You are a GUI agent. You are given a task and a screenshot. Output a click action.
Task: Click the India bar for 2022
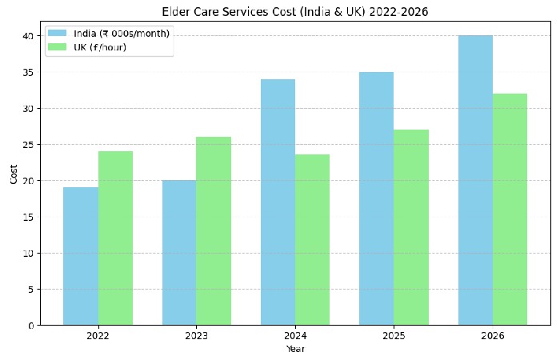click(81, 256)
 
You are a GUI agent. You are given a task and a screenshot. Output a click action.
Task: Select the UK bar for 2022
click(115, 238)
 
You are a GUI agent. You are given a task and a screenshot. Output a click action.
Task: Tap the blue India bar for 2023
click(179, 253)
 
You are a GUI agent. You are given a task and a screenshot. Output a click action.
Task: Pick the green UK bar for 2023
click(214, 231)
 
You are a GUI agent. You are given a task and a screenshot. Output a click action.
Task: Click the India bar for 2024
click(278, 202)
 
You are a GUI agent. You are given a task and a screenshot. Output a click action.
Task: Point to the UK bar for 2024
click(312, 240)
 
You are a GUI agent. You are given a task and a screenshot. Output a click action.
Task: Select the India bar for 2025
click(376, 198)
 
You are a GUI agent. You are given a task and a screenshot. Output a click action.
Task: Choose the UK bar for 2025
click(411, 227)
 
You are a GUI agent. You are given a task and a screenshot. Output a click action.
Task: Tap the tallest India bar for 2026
click(475, 181)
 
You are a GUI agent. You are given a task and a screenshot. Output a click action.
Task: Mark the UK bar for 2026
click(510, 210)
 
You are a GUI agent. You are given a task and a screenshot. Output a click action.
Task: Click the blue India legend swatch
click(58, 33)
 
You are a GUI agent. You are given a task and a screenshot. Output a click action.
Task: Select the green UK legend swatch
click(58, 47)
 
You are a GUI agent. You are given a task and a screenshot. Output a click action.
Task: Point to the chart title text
click(295, 11)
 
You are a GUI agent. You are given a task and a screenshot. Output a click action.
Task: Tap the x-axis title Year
click(295, 349)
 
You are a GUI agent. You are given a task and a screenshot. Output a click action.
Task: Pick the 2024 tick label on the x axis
click(295, 336)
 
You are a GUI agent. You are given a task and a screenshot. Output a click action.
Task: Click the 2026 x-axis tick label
click(492, 336)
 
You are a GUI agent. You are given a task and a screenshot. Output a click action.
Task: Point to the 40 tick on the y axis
click(27, 36)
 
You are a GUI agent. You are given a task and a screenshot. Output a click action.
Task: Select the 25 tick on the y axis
click(27, 145)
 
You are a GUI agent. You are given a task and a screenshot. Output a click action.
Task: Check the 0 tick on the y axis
click(30, 326)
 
